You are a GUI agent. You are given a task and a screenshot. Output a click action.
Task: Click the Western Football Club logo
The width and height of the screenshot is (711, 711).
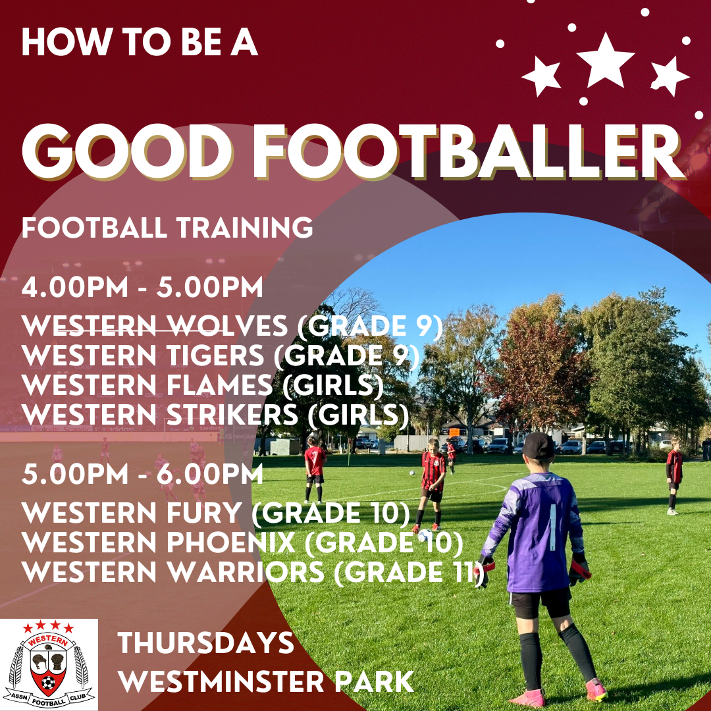49,664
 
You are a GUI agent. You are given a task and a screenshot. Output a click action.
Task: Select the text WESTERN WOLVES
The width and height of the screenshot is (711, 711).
155,326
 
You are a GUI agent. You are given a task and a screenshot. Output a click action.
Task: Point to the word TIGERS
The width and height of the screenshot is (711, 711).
215,355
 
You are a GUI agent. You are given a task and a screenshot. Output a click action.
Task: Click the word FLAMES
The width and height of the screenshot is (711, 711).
219,385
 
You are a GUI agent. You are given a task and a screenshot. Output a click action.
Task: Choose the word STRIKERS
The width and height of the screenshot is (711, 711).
232,415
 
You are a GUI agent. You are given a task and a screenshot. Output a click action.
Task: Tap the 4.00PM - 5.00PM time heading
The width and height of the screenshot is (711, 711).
142,287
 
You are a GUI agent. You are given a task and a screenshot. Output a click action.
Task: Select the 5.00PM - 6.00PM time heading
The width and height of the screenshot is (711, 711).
142,474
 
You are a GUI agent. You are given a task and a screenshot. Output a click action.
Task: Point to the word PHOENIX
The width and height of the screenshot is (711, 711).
231,542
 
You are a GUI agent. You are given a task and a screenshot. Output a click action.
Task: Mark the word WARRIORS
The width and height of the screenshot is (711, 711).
246,572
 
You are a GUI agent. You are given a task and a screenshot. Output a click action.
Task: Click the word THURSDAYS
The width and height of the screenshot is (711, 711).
206,643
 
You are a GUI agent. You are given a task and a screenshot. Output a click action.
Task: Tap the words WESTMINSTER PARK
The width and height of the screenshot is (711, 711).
266,681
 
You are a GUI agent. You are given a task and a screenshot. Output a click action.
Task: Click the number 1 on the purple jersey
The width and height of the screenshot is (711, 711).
553,527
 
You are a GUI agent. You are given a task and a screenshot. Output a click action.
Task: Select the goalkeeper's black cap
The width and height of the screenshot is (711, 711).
539,445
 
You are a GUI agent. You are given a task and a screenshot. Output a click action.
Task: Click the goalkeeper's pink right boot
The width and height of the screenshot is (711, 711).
595,690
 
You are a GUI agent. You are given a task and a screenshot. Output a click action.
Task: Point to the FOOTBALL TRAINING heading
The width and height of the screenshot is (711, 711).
167,227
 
